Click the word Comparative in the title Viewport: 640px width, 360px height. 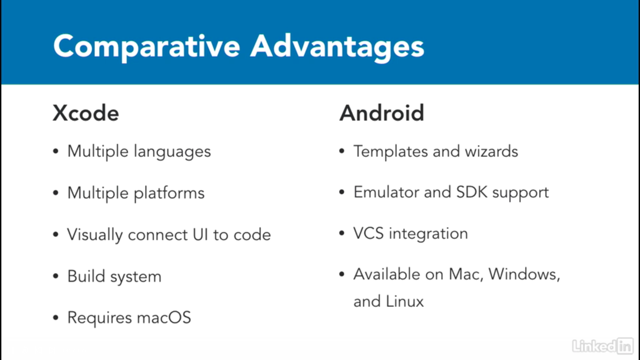coord(147,47)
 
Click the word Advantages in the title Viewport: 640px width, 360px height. coord(337,47)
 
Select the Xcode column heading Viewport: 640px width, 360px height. coord(86,113)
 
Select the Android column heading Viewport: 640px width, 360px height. coord(382,113)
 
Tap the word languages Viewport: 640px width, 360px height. coord(172,152)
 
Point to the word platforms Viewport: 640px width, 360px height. coord(169,193)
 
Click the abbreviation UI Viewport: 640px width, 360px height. coord(200,234)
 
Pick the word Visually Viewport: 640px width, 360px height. coord(95,235)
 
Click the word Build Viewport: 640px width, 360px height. coord(86,276)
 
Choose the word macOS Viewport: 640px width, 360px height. coord(164,317)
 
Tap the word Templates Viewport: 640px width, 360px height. coord(390,152)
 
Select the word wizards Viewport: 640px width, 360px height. coord(491,151)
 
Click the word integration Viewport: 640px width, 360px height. coord(428,234)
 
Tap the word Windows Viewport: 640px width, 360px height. coord(524,274)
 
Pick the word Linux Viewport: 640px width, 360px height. coord(405,301)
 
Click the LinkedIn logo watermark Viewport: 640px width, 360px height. coord(603,346)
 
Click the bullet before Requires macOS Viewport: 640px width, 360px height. coord(56,318)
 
